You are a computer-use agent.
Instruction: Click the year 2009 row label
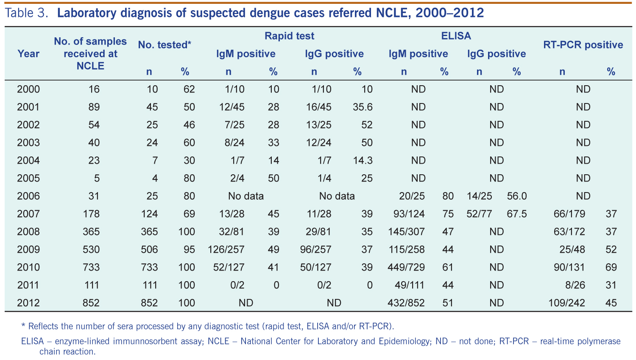(x=28, y=249)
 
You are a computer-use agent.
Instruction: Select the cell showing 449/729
(x=406, y=267)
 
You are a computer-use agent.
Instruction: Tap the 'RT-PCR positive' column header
(x=583, y=45)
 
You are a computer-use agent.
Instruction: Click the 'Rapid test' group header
(x=290, y=36)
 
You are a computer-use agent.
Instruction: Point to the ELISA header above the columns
(x=456, y=36)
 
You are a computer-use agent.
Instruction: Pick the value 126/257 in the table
(x=226, y=249)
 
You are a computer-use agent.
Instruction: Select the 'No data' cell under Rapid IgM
(x=246, y=196)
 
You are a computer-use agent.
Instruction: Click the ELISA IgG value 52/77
(x=479, y=214)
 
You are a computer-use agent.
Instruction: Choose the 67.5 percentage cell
(x=517, y=214)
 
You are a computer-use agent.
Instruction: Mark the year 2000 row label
(x=28, y=89)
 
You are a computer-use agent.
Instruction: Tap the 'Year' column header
(x=28, y=54)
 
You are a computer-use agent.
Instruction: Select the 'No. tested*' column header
(x=165, y=45)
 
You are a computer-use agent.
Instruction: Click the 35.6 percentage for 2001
(x=363, y=107)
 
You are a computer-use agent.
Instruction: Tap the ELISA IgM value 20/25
(x=412, y=196)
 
